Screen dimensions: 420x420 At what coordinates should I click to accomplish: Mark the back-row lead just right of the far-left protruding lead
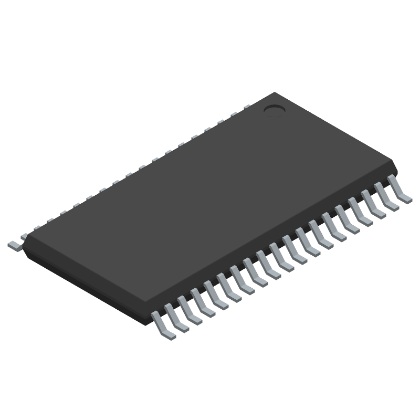(x=37, y=227)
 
